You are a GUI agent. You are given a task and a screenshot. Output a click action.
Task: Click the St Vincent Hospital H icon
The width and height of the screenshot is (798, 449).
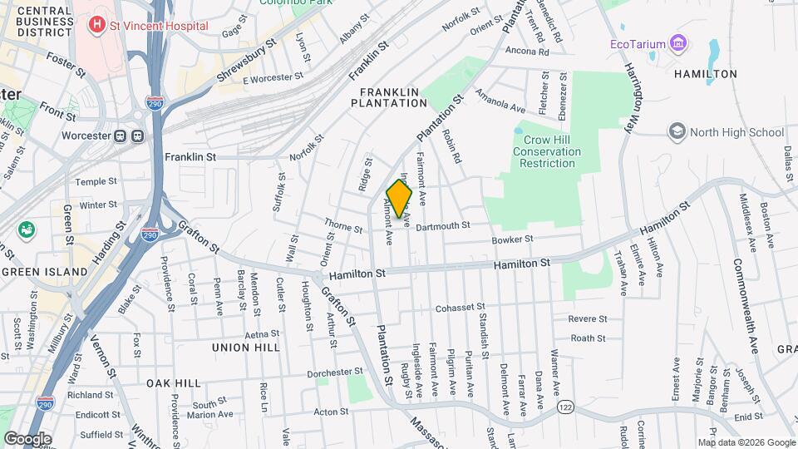(98, 25)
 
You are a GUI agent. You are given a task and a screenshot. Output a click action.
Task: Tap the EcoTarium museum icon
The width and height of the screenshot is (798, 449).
(679, 42)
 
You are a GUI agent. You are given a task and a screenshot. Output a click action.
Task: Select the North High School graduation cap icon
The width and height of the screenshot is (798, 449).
(677, 132)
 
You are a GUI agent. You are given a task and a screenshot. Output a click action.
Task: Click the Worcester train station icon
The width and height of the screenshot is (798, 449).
(129, 136)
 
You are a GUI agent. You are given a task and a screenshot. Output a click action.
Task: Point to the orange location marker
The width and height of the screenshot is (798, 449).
(400, 199)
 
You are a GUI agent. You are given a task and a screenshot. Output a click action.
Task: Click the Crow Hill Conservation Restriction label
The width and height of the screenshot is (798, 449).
(546, 152)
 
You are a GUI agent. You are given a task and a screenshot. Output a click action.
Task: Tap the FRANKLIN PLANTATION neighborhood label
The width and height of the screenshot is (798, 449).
(388, 97)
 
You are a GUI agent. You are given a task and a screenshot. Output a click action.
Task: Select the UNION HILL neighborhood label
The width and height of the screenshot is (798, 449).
(245, 347)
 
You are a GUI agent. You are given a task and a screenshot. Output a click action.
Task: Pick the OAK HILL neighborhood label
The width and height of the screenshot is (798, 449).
(174, 382)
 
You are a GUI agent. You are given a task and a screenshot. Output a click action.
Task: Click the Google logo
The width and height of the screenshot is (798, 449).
(27, 438)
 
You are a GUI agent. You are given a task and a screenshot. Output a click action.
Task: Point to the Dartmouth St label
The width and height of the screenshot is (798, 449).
(443, 225)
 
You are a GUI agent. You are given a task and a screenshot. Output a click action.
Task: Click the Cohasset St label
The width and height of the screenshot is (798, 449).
(460, 307)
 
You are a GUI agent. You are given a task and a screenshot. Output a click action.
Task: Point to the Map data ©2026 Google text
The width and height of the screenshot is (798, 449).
(746, 442)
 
